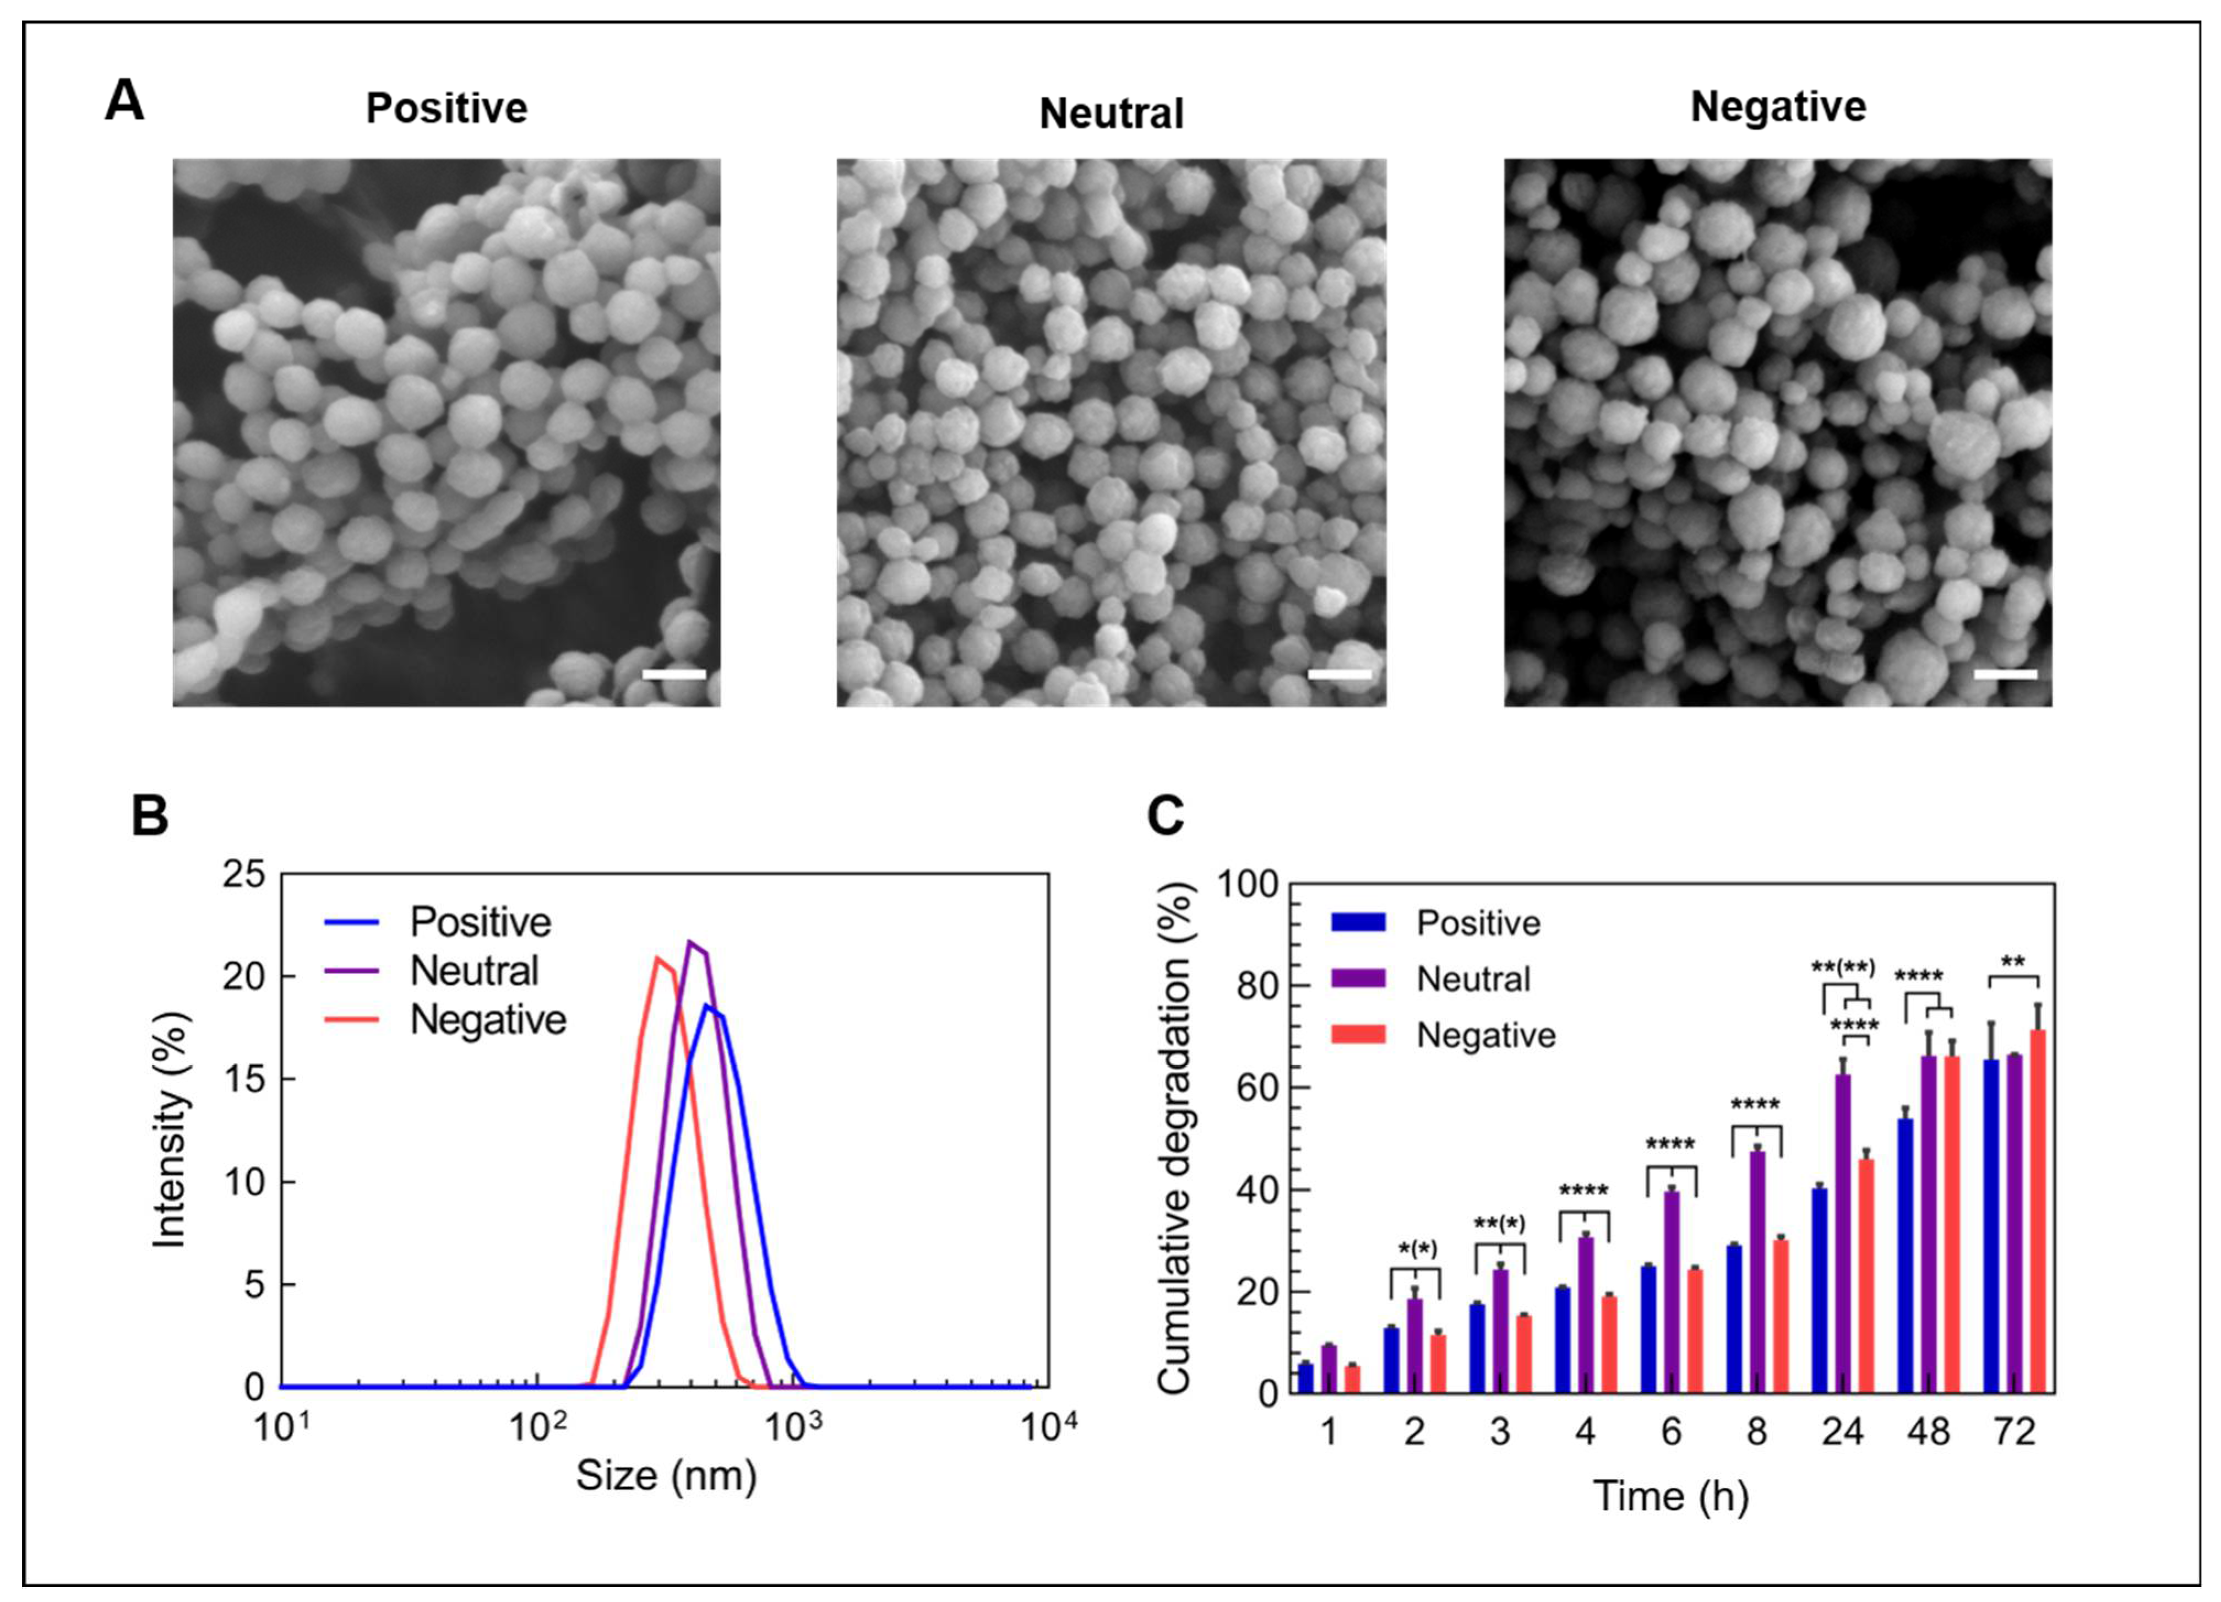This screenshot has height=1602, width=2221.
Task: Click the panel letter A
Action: [124, 101]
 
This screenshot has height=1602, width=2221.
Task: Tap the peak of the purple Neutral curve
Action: [690, 943]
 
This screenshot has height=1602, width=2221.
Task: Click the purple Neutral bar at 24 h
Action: [1842, 1234]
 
